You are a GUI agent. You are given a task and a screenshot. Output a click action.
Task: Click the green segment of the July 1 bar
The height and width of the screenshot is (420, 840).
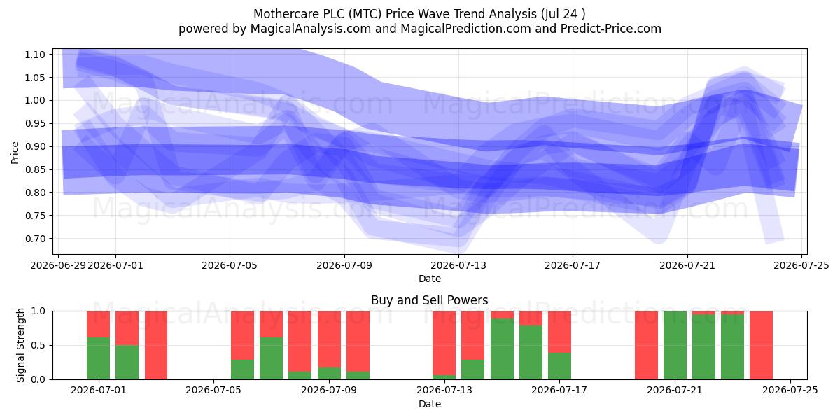pyautogui.click(x=98, y=358)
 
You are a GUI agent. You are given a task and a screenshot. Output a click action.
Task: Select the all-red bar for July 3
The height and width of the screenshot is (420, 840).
pyautogui.click(x=156, y=345)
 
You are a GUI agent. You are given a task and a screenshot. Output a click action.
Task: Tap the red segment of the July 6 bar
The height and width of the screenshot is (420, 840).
pyautogui.click(x=242, y=335)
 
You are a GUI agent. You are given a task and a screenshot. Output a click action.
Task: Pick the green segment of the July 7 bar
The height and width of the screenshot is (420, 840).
pyautogui.click(x=271, y=358)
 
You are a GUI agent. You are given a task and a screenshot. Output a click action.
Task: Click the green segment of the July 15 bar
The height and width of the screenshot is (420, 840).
pyautogui.click(x=502, y=349)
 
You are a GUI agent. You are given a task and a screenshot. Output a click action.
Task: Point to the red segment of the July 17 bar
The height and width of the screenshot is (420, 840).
pyautogui.click(x=559, y=332)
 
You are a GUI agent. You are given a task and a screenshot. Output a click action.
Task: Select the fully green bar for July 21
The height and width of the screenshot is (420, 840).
pyautogui.click(x=675, y=345)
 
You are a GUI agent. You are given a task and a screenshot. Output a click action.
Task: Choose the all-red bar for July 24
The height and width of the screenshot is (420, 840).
pyautogui.click(x=762, y=345)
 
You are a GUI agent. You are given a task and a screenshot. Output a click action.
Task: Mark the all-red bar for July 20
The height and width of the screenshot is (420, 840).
pyautogui.click(x=646, y=345)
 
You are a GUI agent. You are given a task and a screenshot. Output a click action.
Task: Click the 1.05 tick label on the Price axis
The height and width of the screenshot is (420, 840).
pyautogui.click(x=35, y=78)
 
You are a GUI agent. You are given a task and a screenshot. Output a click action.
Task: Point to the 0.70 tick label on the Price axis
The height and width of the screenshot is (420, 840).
pyautogui.click(x=35, y=239)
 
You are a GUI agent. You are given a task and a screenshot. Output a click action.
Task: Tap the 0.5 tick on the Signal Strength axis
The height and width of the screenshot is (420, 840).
pyautogui.click(x=38, y=345)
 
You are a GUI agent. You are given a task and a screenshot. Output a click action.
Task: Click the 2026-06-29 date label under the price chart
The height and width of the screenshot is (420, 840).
pyautogui.click(x=58, y=265)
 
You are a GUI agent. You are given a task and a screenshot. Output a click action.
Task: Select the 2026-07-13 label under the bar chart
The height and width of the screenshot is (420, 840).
pyautogui.click(x=444, y=390)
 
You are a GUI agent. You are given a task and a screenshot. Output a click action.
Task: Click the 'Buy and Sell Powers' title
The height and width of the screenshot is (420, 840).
pyautogui.click(x=430, y=300)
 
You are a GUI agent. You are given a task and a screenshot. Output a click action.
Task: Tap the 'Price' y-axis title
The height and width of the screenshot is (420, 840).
pyautogui.click(x=15, y=153)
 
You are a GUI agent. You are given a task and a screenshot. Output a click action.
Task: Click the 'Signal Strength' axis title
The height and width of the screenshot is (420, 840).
pyautogui.click(x=20, y=345)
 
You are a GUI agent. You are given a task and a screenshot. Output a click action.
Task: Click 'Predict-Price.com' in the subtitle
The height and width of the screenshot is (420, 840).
pyautogui.click(x=611, y=29)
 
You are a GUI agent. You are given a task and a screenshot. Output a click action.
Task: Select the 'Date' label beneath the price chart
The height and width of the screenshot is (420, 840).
pyautogui.click(x=430, y=279)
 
